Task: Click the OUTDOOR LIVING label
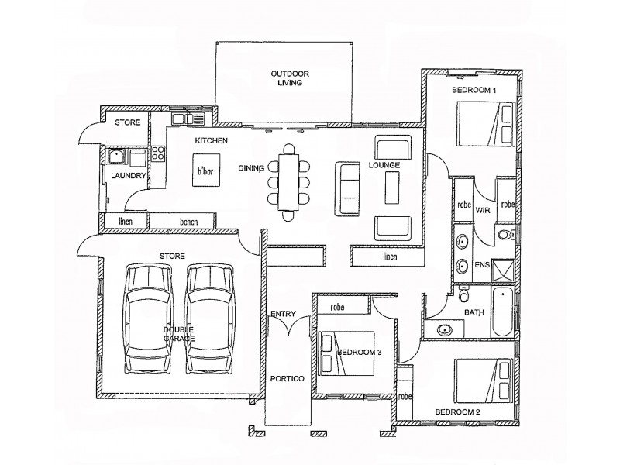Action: pos(290,78)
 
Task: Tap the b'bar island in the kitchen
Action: pos(205,170)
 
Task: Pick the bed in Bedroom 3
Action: pos(346,353)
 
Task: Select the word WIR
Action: pos(484,209)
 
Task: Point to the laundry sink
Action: pos(117,157)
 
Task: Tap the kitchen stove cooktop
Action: pos(158,153)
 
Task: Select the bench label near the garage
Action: pos(188,222)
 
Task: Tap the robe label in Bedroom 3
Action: pos(337,307)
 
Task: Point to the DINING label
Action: pos(251,167)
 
